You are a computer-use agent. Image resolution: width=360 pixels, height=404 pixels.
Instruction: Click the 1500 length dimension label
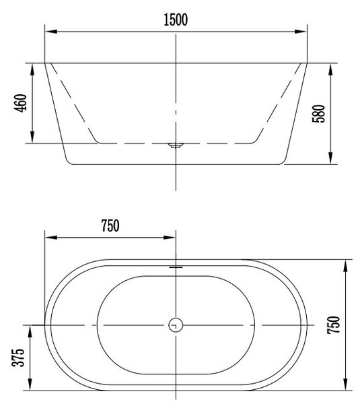pos(176,20)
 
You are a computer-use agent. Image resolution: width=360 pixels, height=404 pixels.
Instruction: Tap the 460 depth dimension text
pos(20,103)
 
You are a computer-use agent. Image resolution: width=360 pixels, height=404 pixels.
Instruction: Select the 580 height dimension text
pos(318,114)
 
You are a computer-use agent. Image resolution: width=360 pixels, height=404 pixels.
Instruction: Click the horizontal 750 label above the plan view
pos(110,226)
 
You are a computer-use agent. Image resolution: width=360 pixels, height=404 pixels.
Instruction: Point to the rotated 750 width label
pos(334,325)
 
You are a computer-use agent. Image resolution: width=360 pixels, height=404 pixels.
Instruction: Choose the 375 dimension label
pos(18,358)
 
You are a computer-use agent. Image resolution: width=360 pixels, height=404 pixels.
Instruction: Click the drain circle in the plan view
pos(176,325)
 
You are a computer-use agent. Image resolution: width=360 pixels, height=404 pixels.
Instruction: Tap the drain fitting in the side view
pos(176,145)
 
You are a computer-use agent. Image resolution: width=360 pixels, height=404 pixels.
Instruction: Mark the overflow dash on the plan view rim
pos(176,267)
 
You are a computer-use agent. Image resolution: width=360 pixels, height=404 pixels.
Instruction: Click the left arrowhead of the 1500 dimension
pos(51,32)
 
